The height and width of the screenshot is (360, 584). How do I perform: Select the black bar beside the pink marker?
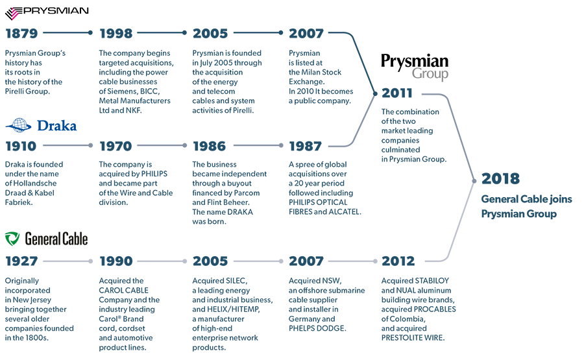(x=62, y=15)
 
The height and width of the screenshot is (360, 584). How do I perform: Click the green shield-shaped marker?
(x=12, y=240)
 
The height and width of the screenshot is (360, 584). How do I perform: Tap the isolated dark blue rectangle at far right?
(x=526, y=196)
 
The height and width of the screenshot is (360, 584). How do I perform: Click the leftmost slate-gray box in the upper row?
(x=68, y=144)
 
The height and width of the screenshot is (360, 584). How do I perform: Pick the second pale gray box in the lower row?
(x=162, y=258)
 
